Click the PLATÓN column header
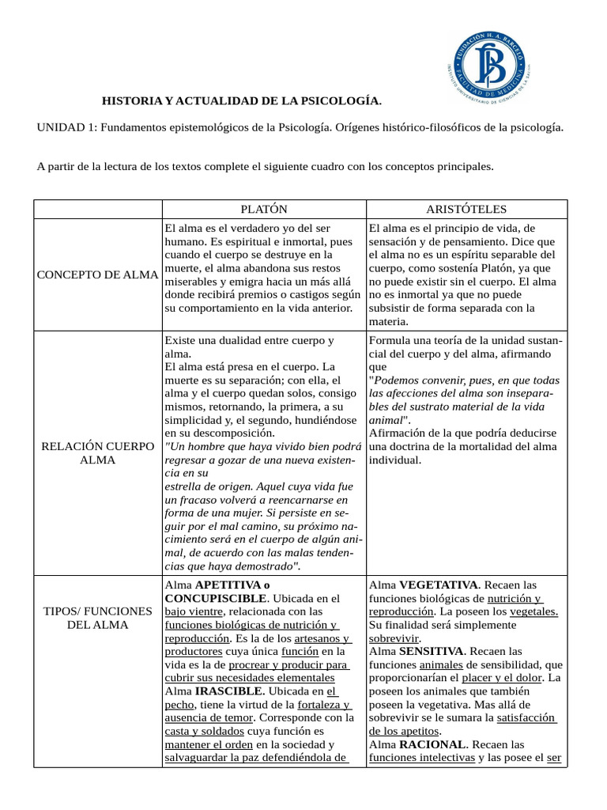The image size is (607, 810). pyautogui.click(x=264, y=209)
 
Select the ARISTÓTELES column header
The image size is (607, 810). pyautogui.click(x=466, y=209)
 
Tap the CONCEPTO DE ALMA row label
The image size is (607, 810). pyautogui.click(x=98, y=274)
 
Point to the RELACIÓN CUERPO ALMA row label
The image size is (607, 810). pyautogui.click(x=98, y=453)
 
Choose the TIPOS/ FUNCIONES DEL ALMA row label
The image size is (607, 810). pyautogui.click(x=98, y=619)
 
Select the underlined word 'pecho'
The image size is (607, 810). pyautogui.click(x=179, y=705)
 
